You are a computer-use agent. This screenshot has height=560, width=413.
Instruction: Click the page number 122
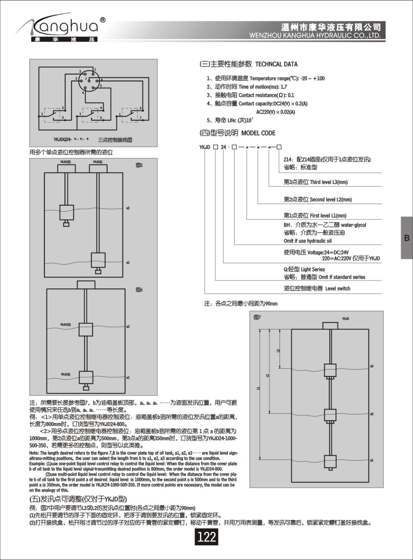tap(206, 537)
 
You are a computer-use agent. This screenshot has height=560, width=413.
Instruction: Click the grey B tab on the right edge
tap(407, 238)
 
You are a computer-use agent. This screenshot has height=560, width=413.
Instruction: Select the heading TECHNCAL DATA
tap(276, 64)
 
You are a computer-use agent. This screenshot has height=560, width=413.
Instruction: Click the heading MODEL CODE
tap(258, 133)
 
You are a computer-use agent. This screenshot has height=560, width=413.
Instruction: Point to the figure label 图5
tap(139, 165)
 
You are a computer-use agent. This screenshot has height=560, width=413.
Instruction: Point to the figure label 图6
tap(139, 290)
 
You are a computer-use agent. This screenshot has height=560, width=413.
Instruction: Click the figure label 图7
tap(257, 317)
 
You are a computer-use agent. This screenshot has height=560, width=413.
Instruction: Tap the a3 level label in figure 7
tap(372, 366)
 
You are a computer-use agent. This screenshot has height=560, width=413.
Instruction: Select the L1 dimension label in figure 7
tap(258, 388)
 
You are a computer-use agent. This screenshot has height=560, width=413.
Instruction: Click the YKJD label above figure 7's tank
tap(345, 319)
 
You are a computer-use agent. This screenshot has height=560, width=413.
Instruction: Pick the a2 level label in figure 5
tap(128, 208)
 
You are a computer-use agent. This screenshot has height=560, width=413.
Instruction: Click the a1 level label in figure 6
tap(128, 377)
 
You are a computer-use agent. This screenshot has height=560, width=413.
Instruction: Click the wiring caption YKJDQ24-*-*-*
tap(71, 139)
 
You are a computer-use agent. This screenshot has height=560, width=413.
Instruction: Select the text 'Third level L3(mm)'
tap(329, 182)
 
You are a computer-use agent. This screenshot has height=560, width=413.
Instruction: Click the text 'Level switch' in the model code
tap(338, 289)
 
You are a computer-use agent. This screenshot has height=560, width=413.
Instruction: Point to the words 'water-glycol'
tap(353, 225)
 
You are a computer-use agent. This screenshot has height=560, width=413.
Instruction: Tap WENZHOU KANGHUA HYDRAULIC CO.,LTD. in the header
tap(314, 35)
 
